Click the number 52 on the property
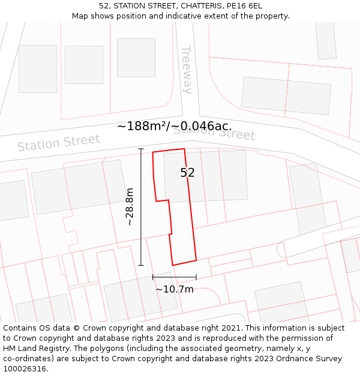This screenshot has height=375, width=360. (188, 173)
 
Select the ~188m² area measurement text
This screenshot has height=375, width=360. (143, 126)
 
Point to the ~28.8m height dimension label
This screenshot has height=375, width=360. (130, 206)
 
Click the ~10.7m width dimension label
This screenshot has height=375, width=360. (175, 289)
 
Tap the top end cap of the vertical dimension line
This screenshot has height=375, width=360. (141, 149)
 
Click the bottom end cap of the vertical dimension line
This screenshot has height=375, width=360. (141, 265)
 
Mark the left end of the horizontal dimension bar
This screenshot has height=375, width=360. (153, 277)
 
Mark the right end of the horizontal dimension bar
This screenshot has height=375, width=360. (196, 277)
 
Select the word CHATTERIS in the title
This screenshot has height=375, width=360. (196, 5)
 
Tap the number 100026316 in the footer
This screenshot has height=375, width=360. (25, 369)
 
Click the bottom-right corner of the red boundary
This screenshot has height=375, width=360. (196, 260)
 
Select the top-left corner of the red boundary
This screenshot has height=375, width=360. (153, 152)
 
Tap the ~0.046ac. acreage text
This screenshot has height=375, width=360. (203, 126)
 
